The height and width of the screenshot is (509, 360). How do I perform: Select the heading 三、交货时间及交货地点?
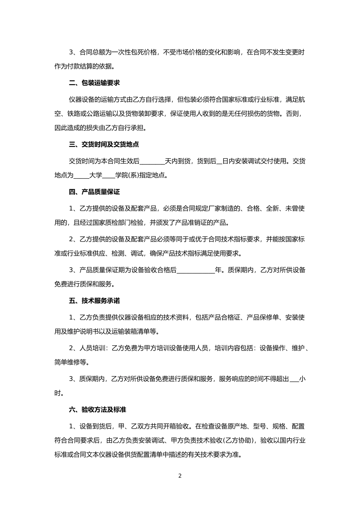[x=104, y=144]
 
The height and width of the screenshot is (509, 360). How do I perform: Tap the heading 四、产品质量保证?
[x=94, y=192]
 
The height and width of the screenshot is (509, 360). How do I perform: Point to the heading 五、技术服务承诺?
[x=94, y=301]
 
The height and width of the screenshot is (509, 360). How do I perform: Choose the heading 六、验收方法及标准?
[x=97, y=409]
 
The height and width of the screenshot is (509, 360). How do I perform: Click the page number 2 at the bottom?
[x=180, y=476]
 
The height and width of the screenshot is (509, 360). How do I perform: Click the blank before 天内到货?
[x=152, y=162]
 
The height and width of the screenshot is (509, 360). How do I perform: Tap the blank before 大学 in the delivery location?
[x=81, y=176]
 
